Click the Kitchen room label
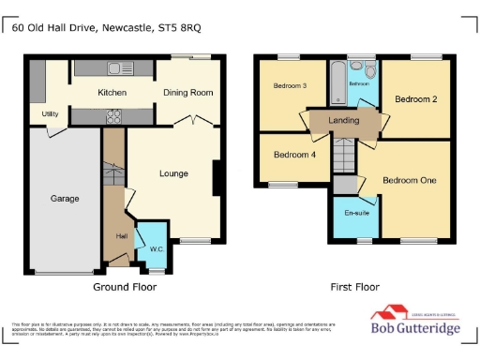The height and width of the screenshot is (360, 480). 112,93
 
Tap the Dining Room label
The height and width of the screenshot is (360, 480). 188,93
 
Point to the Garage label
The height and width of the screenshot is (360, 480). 65,198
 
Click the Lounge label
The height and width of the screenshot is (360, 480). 173,173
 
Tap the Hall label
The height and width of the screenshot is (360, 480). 121,235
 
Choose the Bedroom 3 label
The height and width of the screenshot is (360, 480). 290,86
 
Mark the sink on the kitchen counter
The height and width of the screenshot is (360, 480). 118,67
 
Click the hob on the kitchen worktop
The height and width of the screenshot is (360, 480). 115,116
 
